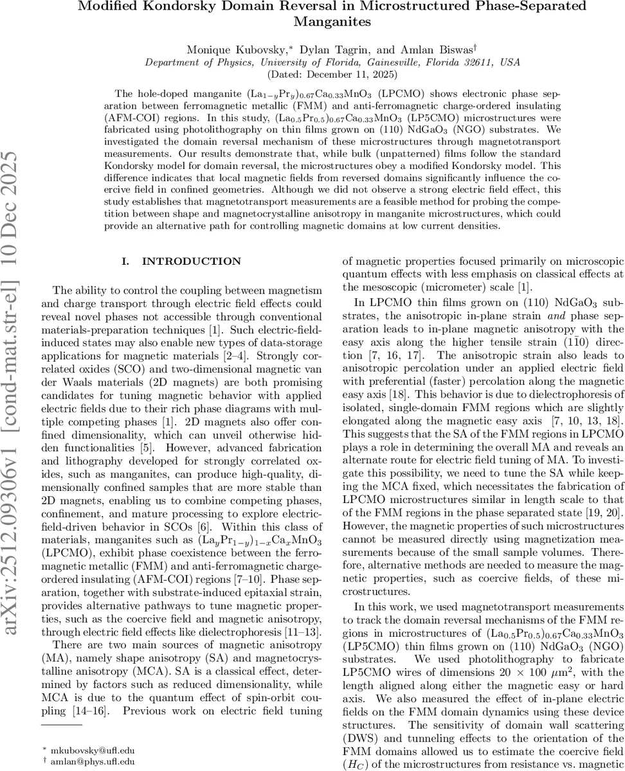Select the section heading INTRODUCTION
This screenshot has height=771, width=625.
[x=191, y=261]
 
